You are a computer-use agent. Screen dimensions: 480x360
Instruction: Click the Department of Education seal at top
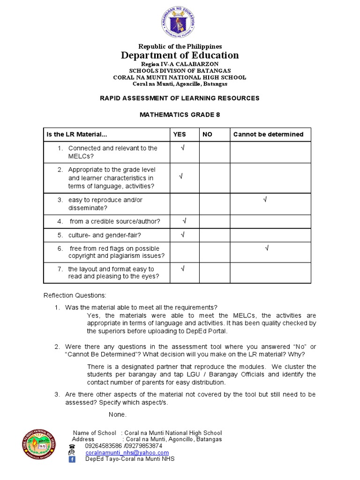(x=180, y=22)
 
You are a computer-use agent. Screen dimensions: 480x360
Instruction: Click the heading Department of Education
(x=180, y=55)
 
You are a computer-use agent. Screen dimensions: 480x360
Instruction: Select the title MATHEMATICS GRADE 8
(x=180, y=114)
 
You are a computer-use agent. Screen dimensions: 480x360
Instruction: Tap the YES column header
(x=180, y=135)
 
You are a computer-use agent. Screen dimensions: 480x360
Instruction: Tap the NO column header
(x=207, y=135)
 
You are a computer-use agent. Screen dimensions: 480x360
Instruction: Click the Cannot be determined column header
(x=268, y=135)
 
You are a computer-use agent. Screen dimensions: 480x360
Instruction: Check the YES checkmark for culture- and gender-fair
(x=183, y=234)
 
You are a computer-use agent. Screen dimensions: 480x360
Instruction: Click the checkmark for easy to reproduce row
(x=265, y=200)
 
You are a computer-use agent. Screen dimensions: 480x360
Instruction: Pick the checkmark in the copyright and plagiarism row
(x=267, y=248)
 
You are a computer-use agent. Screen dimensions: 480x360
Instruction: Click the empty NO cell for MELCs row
(x=215, y=152)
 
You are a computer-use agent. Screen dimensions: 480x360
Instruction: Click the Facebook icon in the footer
(x=72, y=459)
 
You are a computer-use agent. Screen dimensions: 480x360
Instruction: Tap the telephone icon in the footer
(x=72, y=446)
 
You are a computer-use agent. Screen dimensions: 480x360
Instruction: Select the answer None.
(x=117, y=415)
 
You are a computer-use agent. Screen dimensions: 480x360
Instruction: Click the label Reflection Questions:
(x=75, y=295)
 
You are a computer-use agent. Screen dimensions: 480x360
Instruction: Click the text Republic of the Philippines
(x=180, y=46)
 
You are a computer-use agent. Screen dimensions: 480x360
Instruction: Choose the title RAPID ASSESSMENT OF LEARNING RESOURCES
(x=180, y=98)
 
